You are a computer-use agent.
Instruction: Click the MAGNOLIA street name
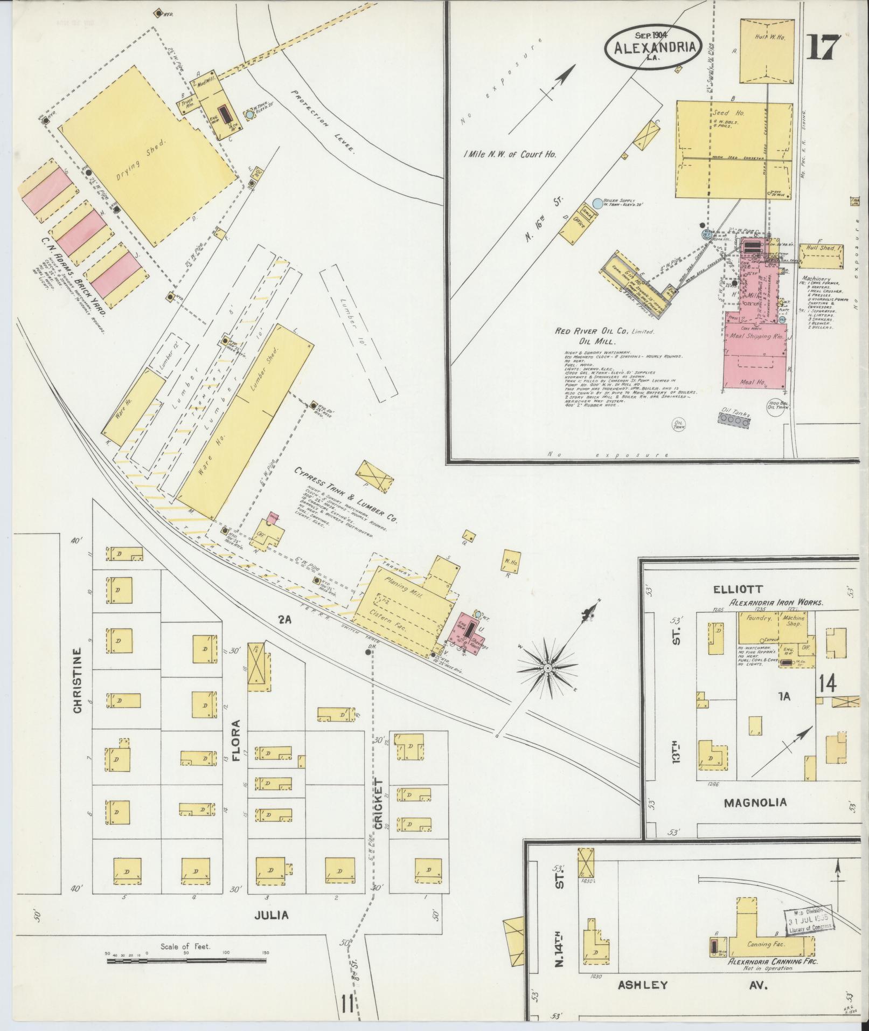[x=754, y=802]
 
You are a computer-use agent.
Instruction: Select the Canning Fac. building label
[x=766, y=945]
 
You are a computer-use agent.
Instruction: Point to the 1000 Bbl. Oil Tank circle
[x=778, y=405]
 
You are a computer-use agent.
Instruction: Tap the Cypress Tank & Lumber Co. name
[x=345, y=495]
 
